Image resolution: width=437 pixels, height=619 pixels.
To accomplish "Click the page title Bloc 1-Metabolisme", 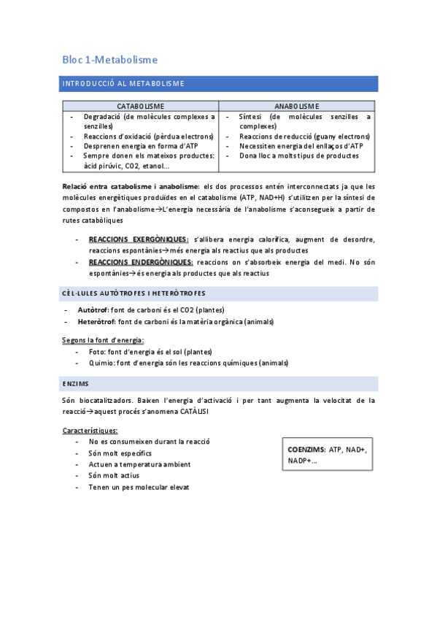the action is [x=110, y=59].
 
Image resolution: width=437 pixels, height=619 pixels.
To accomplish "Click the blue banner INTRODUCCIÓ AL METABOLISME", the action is [x=123, y=83].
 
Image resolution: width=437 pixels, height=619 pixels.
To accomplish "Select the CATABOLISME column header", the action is [x=140, y=106].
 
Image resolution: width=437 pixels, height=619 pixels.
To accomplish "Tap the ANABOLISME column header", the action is [x=297, y=106].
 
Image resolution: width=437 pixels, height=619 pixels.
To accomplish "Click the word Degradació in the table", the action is [x=101, y=116].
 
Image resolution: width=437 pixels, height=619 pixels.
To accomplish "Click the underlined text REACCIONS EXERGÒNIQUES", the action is [x=138, y=239].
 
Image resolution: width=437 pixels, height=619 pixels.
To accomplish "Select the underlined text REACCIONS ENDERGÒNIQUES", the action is [x=141, y=262].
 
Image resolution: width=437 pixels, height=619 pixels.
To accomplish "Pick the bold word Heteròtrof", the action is [x=96, y=321].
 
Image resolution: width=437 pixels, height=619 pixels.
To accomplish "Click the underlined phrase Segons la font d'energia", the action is [x=103, y=339].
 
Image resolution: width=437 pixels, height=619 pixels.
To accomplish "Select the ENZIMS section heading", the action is [x=76, y=383].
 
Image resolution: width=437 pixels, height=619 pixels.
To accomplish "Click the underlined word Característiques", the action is [x=90, y=430].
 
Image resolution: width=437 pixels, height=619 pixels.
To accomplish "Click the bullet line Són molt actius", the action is [x=114, y=475].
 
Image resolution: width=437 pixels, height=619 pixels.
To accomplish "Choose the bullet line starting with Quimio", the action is [x=188, y=363].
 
